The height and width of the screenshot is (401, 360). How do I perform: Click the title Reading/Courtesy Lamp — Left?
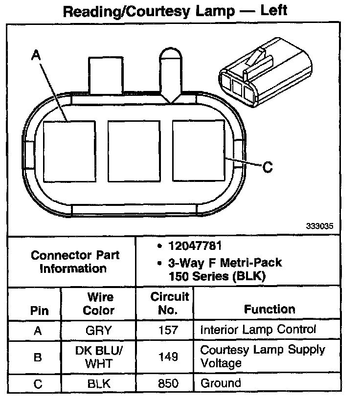pos(175,11)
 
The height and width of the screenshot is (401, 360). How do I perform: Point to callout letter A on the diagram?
pos(35,56)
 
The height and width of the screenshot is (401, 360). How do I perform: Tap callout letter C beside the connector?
pos(267,167)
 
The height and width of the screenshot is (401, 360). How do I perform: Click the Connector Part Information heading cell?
pos(75,262)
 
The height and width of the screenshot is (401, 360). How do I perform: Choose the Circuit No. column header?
pos(169,303)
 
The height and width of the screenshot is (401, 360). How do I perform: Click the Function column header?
pos(270,309)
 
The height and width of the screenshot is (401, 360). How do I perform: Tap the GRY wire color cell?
pos(98,331)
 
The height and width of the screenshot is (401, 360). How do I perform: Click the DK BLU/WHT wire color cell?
pos(98,357)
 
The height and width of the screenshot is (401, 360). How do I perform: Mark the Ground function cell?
pos(221,383)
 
